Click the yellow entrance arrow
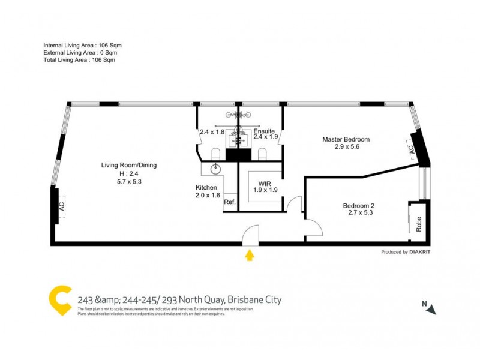250,256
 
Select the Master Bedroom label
346,139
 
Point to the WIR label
266,183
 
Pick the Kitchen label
207,187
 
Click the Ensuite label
264,130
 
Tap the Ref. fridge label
230,202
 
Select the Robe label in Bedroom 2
419,223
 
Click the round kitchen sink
216,169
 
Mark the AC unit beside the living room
61,205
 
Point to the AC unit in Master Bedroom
412,149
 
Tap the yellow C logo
61,301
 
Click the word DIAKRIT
420,252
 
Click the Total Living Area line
79,60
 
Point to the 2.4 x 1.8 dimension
212,132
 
